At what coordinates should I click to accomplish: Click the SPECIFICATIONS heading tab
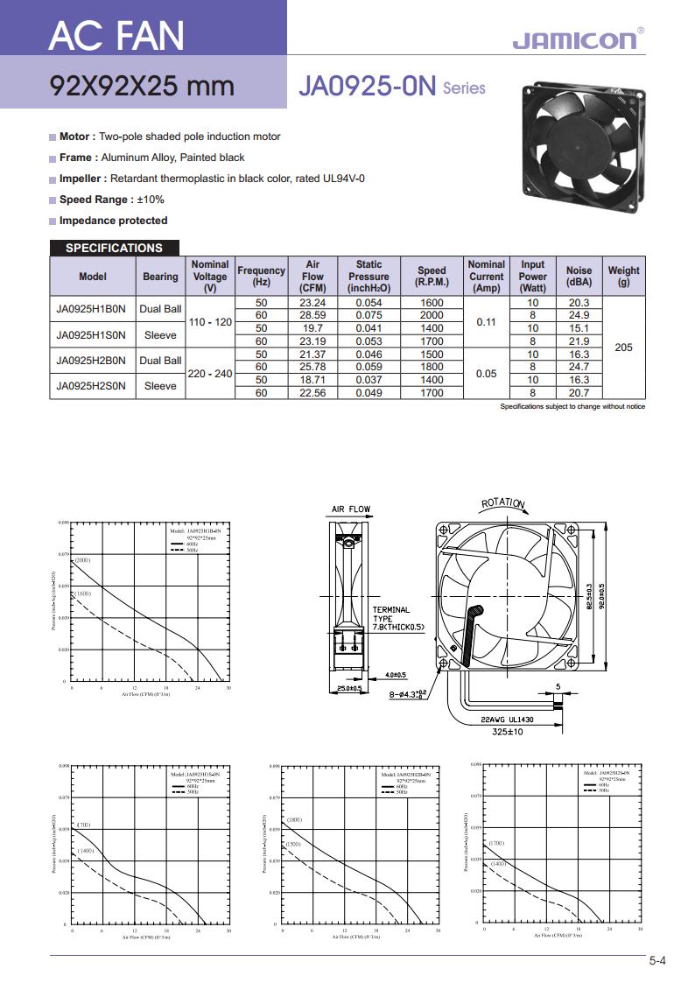(114, 248)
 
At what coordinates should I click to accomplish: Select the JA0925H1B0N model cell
(92, 309)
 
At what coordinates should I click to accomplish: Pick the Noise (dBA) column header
(579, 277)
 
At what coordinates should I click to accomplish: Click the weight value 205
(623, 348)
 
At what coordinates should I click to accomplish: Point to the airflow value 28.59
(312, 315)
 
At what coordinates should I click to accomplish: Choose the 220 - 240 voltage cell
(210, 373)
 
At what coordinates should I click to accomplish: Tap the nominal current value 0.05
(486, 373)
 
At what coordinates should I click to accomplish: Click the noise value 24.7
(579, 367)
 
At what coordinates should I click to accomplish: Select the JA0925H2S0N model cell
(92, 385)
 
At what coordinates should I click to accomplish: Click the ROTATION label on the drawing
(504, 502)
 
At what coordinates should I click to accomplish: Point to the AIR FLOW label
(351, 509)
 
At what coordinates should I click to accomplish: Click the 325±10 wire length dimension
(508, 731)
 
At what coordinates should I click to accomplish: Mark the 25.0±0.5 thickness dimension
(349, 688)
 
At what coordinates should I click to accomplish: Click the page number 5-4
(657, 961)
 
